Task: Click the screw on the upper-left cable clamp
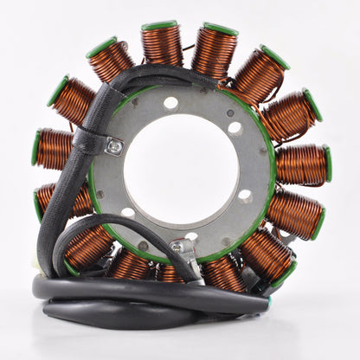114,147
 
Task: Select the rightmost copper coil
302,164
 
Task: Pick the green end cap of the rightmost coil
327,164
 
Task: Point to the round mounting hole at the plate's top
170,103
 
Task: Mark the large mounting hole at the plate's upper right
235,127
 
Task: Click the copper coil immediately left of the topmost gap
163,46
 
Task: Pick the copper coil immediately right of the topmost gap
214,50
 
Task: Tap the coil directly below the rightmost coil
294,213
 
